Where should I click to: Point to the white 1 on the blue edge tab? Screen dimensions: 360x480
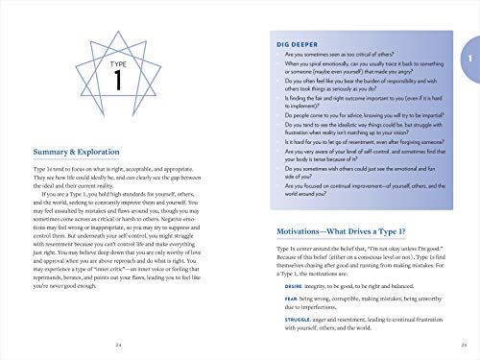(467, 60)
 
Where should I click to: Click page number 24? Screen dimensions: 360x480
(117, 344)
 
